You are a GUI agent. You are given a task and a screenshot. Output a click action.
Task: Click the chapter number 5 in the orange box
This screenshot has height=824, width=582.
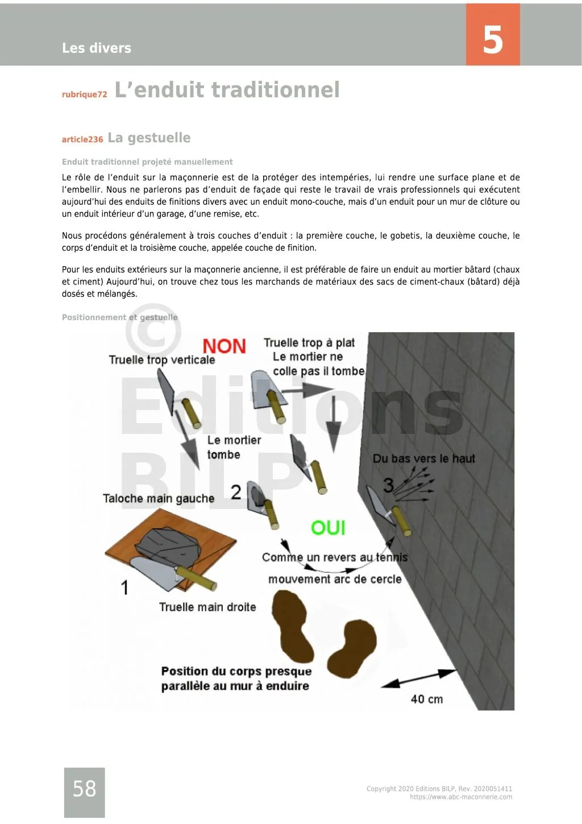(x=493, y=39)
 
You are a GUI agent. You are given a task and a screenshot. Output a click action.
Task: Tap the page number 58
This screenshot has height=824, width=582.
(x=84, y=788)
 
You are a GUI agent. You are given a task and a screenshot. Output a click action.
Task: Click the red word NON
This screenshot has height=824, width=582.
(x=224, y=346)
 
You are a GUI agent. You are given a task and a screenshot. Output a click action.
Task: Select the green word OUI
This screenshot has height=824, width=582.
(x=328, y=528)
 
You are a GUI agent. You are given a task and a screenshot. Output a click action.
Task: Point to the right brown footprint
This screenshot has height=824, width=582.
(x=354, y=648)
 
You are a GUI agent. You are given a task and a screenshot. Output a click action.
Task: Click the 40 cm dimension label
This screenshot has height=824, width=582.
(x=426, y=699)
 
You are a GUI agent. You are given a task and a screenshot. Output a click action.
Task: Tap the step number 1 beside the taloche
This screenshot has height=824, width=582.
(x=124, y=587)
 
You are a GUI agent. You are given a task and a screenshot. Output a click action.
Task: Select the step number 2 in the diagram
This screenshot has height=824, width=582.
(x=236, y=492)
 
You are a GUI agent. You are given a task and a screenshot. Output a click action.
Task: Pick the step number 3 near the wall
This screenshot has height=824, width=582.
(x=388, y=485)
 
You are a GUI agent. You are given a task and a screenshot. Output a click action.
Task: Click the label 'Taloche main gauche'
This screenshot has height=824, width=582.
(x=159, y=499)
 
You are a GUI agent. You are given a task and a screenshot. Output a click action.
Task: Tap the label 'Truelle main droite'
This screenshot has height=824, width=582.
(x=207, y=607)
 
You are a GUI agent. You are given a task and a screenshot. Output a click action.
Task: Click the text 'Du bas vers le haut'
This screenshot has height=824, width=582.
(x=423, y=458)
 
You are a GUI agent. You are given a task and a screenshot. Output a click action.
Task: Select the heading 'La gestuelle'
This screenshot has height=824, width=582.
(x=149, y=138)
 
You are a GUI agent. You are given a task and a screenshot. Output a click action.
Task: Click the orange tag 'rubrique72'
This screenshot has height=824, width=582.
(x=84, y=94)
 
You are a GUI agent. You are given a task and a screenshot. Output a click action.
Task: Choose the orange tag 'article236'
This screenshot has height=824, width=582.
(x=82, y=139)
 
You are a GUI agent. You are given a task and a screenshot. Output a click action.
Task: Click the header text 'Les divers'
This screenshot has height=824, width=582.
(x=97, y=48)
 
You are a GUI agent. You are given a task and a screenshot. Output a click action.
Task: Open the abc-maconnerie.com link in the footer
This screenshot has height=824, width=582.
(x=460, y=797)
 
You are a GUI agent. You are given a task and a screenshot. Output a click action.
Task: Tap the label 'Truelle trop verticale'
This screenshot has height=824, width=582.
(x=162, y=360)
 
